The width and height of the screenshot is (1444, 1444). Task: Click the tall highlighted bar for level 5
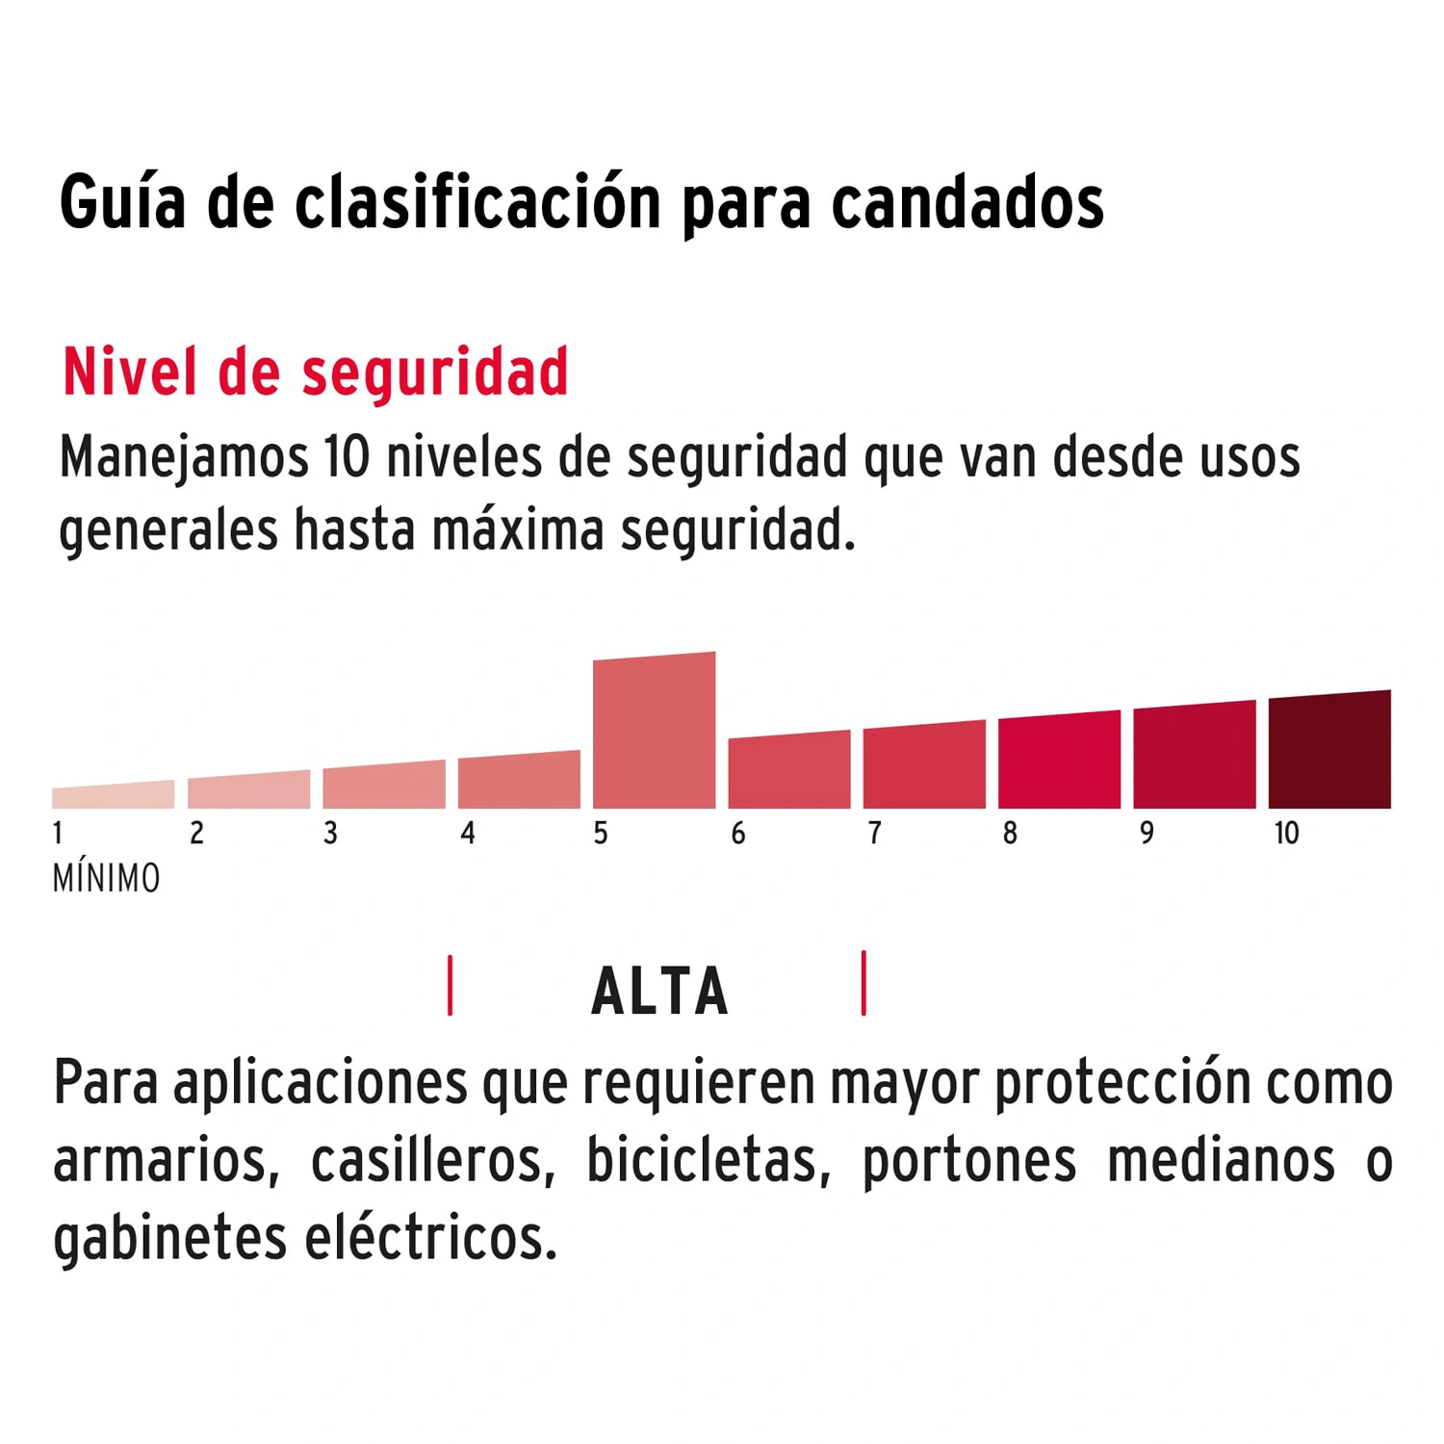(x=654, y=732)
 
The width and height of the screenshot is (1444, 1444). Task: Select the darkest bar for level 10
(x=1329, y=751)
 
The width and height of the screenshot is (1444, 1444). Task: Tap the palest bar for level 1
(x=113, y=796)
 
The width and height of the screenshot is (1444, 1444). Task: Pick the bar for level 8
(x=1059, y=761)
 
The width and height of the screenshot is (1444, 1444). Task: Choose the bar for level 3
(x=383, y=786)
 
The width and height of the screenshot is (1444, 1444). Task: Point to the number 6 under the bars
(x=737, y=834)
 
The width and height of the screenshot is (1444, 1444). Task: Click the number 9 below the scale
(x=1146, y=834)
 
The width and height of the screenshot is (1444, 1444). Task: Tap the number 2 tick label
(x=196, y=834)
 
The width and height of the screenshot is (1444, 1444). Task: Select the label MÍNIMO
(x=106, y=879)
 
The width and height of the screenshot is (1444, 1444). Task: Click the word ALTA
(x=659, y=992)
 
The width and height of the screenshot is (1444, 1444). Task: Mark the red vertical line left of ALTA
(x=450, y=985)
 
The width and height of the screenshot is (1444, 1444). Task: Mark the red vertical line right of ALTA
(x=864, y=983)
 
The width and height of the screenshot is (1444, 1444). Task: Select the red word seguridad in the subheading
(x=435, y=374)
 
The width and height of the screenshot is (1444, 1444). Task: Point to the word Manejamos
(x=183, y=457)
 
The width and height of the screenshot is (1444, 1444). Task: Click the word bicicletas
(x=709, y=1160)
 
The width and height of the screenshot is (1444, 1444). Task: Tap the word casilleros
(x=432, y=1160)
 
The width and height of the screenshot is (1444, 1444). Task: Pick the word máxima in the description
(x=517, y=530)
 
